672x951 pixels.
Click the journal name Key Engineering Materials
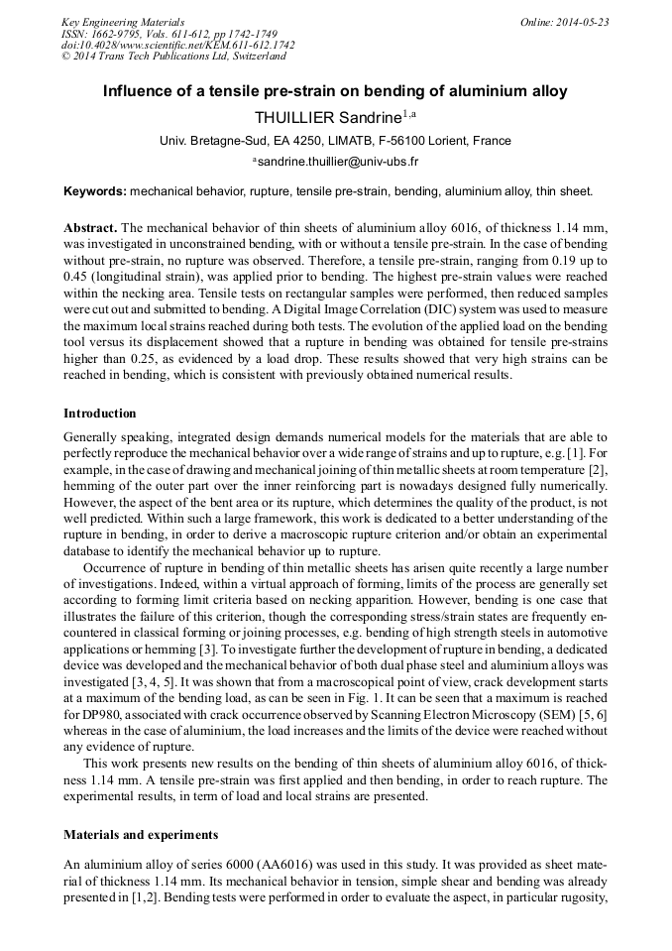point(122,22)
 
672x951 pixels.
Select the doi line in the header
point(177,46)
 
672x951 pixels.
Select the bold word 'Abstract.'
point(90,227)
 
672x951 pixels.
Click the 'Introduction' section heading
point(100,413)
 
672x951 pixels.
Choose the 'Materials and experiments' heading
point(141,835)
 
